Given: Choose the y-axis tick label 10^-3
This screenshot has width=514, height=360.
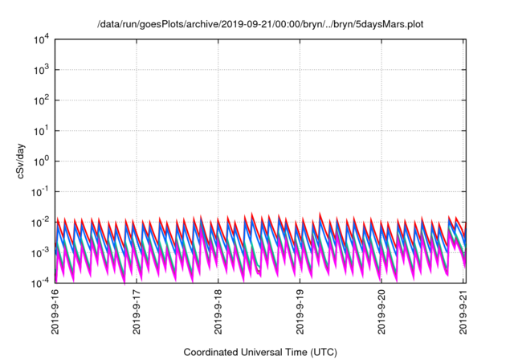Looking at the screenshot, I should click(x=38, y=252).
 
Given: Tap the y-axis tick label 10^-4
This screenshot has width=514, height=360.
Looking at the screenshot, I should click(x=38, y=282).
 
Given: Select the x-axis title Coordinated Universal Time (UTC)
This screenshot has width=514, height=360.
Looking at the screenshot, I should click(x=259, y=352).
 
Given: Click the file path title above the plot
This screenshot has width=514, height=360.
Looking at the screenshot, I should click(x=259, y=25).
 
